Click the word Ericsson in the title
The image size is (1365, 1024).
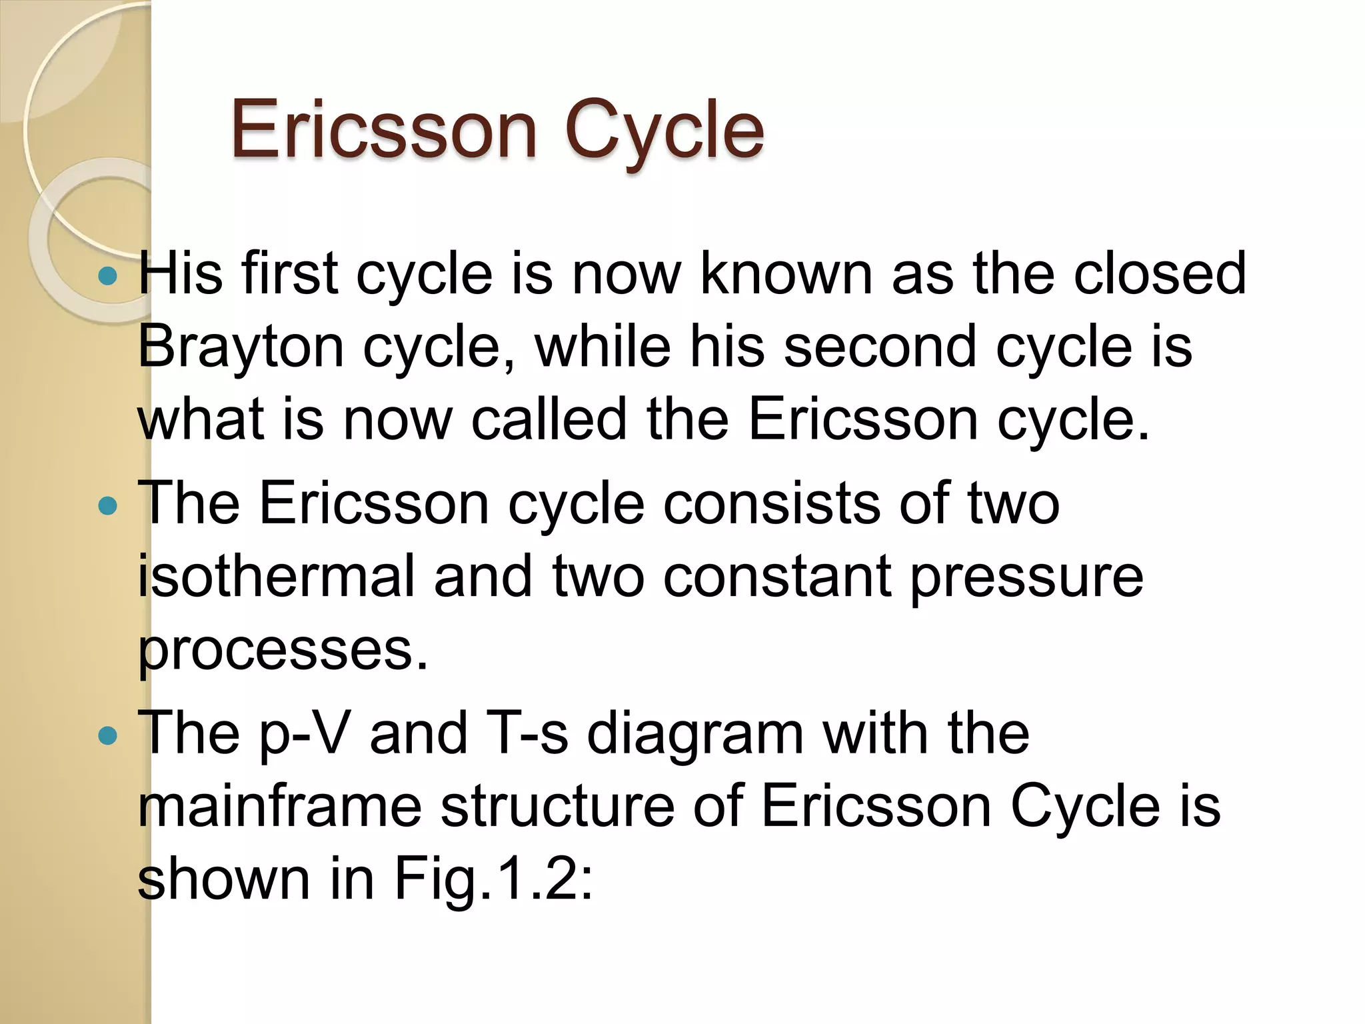[x=384, y=129]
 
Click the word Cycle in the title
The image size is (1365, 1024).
[x=664, y=129]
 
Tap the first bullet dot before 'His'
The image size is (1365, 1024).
[x=107, y=275]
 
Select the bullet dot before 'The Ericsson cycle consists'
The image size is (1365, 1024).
[x=107, y=506]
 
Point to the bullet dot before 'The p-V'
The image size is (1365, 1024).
[x=107, y=736]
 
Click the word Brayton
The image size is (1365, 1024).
[x=241, y=347]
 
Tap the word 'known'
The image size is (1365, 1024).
[x=786, y=273]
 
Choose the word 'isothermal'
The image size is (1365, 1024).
[x=277, y=576]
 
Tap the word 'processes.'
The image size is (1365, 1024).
[x=283, y=651]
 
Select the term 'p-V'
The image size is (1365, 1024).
[x=304, y=734]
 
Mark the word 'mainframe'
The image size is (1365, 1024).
[x=280, y=806]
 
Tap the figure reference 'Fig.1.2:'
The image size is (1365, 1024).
[x=494, y=880]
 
